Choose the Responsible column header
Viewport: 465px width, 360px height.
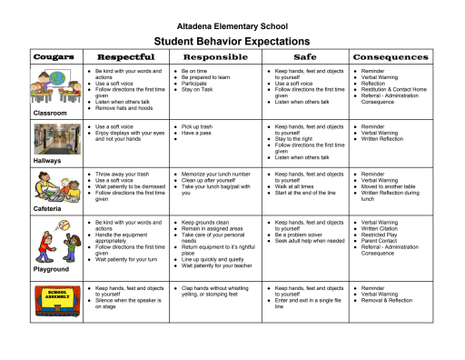[x=215, y=57]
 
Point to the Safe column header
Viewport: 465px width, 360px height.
[x=306, y=57]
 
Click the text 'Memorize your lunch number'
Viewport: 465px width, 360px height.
[x=216, y=173]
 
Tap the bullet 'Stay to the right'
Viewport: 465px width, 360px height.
[x=295, y=138]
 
